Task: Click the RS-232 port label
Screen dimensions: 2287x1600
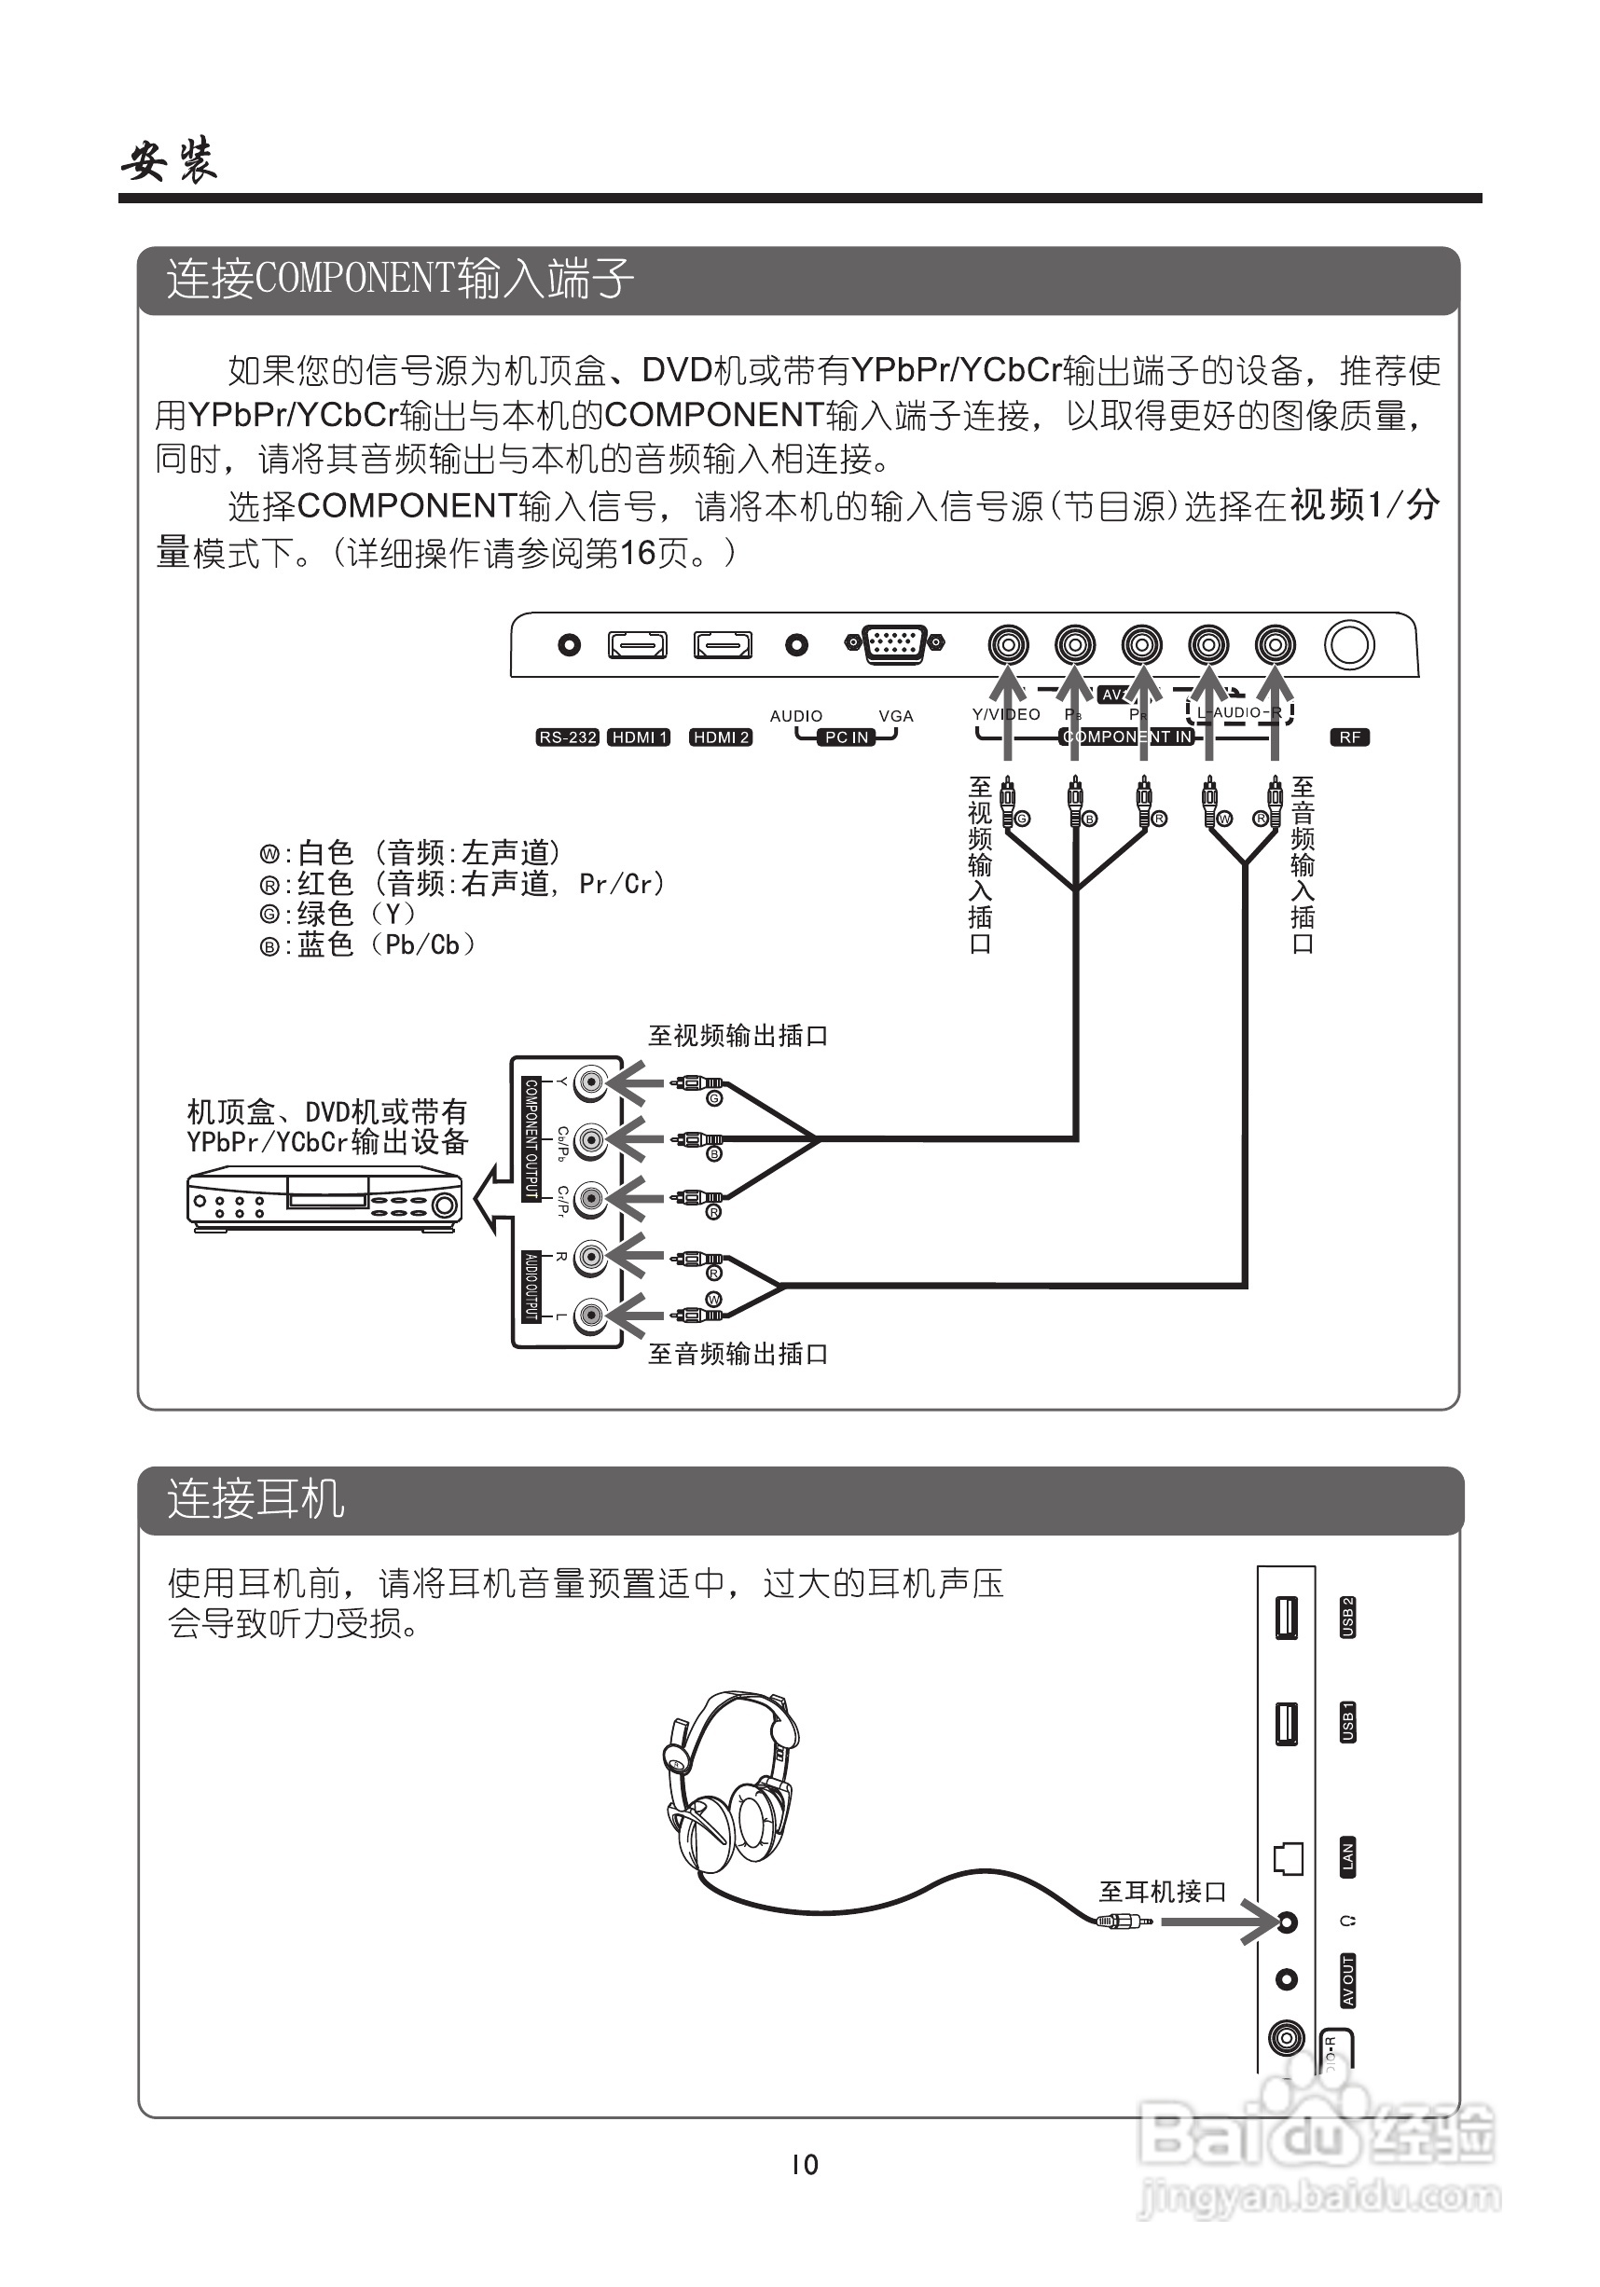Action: coord(567,737)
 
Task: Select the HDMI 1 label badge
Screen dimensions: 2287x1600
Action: coord(639,737)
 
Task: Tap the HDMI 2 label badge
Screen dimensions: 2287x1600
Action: coord(721,737)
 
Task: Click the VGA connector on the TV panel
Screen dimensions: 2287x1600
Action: coord(895,643)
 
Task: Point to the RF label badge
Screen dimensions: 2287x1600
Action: coord(1350,737)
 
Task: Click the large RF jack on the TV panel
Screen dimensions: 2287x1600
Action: coord(1349,644)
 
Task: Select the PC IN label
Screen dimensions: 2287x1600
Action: coord(847,737)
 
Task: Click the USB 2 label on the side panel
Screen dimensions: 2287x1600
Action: coord(1347,1617)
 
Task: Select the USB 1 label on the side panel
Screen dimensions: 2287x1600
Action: coord(1347,1722)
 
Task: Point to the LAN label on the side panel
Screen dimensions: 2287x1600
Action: coord(1347,1856)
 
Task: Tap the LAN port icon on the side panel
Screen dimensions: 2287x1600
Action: coord(1289,1858)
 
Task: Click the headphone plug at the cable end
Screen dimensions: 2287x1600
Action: coord(1124,1921)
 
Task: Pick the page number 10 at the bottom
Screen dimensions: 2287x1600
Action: coord(804,2165)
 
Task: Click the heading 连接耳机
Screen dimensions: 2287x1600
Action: coord(256,1498)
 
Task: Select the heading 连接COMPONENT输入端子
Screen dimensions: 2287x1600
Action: coord(399,279)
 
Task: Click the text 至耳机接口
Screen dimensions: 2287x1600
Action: coord(1162,1891)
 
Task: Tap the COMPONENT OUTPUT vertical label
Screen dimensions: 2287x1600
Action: coord(531,1138)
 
